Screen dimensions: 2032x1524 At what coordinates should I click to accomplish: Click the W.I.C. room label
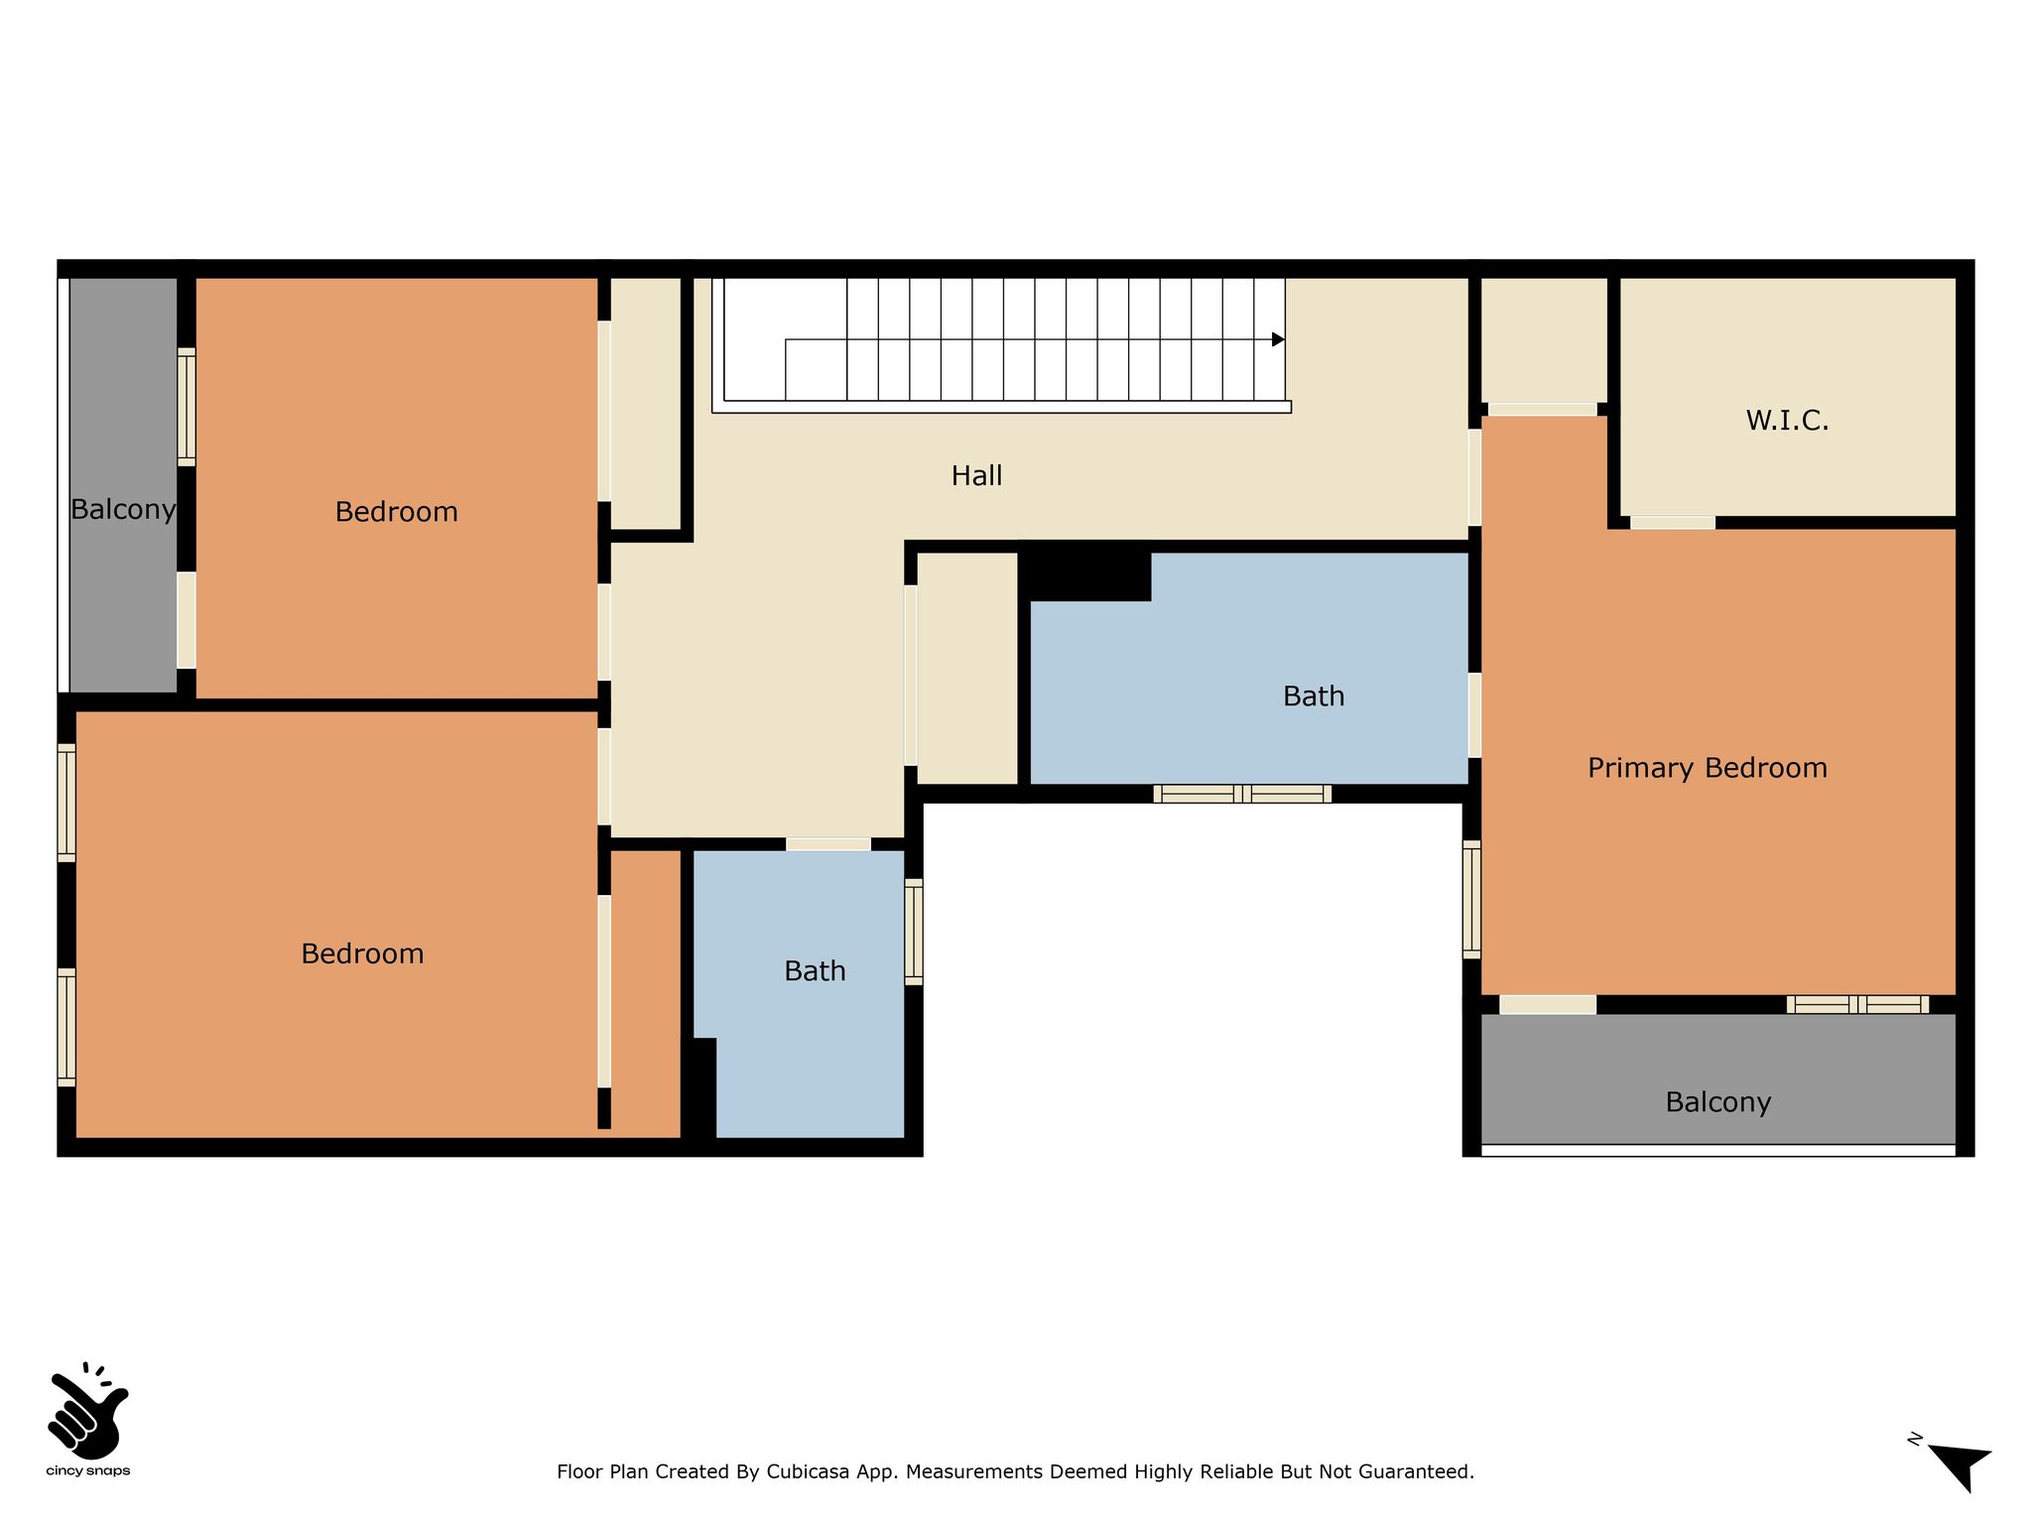click(x=1787, y=421)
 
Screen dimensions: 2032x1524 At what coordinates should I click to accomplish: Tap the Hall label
click(x=976, y=476)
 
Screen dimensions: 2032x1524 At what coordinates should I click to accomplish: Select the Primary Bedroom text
click(x=1708, y=768)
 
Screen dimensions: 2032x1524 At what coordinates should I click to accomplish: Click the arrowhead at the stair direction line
click(x=1278, y=339)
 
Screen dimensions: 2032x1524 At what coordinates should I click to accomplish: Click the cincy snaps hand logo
click(x=87, y=1410)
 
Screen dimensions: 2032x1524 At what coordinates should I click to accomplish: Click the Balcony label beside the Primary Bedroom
click(x=1718, y=1102)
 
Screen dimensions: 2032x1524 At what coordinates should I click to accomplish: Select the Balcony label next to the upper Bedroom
click(x=123, y=510)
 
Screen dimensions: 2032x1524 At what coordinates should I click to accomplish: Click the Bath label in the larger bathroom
click(x=1314, y=697)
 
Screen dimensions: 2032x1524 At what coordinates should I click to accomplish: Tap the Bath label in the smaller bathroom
click(x=815, y=971)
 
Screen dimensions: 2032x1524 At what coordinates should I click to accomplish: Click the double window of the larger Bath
click(x=1242, y=794)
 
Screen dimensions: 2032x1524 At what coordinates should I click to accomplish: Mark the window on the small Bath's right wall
click(x=914, y=932)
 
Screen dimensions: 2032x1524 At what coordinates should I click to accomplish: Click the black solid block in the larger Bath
click(x=1085, y=571)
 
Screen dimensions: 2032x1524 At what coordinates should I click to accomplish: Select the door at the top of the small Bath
click(x=828, y=844)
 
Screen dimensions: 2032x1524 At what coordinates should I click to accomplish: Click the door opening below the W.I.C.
click(x=1673, y=523)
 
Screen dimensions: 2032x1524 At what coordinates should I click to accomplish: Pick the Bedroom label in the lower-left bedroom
click(x=362, y=954)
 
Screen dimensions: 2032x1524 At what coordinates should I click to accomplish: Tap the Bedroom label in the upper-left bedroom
click(x=396, y=512)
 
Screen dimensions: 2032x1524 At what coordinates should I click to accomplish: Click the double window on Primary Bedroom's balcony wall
click(x=1858, y=1004)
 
